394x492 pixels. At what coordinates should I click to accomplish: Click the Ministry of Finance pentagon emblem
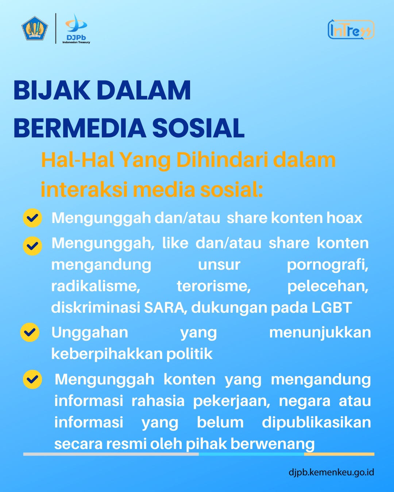pos(35,28)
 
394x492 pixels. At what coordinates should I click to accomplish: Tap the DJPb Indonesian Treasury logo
pos(76,28)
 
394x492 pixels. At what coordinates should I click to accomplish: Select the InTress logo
pos(351,30)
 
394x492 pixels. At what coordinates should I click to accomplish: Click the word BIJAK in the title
pos(52,90)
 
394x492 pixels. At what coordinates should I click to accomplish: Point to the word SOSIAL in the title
pos(198,128)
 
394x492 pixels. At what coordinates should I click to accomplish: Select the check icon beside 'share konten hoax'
pos(32,218)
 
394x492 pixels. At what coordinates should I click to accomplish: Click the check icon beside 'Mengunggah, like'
pos(32,246)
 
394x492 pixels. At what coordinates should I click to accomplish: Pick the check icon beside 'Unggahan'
pos(30,332)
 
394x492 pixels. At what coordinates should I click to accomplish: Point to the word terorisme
pos(214,286)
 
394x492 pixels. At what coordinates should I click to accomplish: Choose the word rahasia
pos(158,401)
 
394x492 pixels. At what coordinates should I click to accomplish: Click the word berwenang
pos(273,444)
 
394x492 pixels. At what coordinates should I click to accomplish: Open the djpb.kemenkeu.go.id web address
pos(331,472)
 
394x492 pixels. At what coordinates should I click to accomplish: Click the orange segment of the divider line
pos(339,454)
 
